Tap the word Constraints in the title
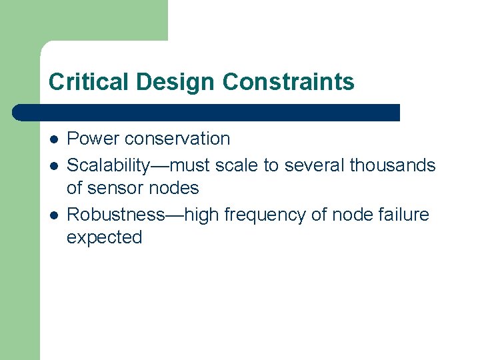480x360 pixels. click(289, 82)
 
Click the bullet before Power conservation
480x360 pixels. click(53, 139)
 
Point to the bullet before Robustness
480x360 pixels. click(53, 215)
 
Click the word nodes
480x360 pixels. click(175, 188)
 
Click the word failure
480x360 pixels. click(401, 215)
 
